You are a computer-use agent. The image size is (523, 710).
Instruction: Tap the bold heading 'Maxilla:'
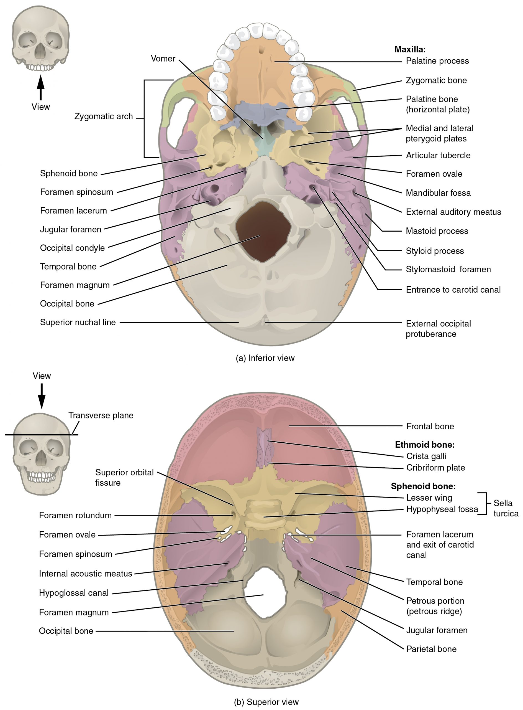point(410,49)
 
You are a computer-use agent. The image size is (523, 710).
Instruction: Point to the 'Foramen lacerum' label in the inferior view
point(73,211)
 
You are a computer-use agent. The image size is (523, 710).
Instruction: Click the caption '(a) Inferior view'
point(265,358)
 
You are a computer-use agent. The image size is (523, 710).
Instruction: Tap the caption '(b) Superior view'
point(266,702)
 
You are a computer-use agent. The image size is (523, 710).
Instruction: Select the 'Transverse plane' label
point(101,415)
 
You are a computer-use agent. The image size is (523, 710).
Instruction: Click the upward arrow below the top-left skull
point(40,87)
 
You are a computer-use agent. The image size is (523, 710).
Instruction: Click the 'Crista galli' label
point(426,456)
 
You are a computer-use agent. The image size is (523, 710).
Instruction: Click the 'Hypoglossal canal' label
point(73,593)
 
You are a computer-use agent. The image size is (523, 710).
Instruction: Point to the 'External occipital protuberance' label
point(438,329)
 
